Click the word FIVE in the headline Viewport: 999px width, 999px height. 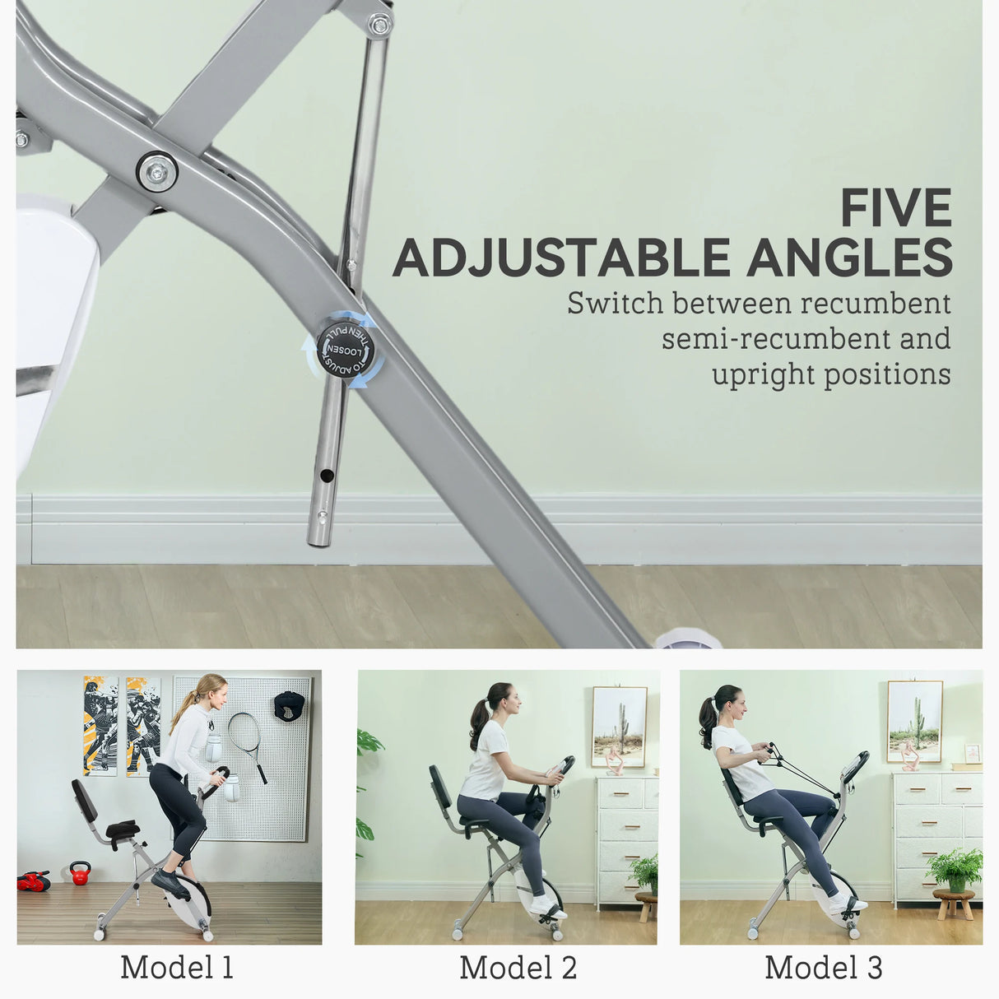895,208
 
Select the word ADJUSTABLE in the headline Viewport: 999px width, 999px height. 562,258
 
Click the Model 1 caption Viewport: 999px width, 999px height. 177,967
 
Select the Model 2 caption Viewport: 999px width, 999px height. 518,967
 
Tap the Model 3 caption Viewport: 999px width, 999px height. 823,967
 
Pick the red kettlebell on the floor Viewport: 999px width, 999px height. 80,872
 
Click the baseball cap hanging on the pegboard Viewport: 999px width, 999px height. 289,704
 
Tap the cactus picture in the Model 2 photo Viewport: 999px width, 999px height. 619,726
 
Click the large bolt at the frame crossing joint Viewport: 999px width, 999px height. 156,172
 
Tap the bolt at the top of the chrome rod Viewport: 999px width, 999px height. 379,25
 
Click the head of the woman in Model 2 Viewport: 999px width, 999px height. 505,699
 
